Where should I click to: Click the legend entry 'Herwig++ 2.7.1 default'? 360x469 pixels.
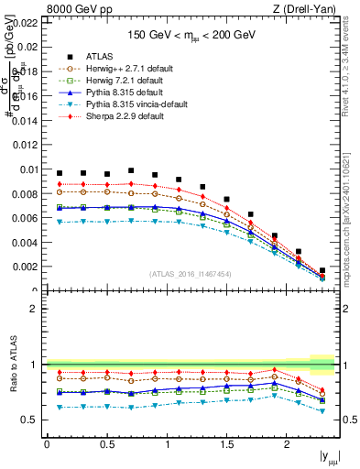pyautogui.click(x=124, y=68)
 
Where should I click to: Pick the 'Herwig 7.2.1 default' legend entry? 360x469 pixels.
pyautogui.click(x=122, y=81)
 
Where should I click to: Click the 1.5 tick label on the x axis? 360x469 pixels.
pyautogui.click(x=226, y=444)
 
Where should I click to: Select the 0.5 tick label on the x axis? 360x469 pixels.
pyautogui.click(x=106, y=444)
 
